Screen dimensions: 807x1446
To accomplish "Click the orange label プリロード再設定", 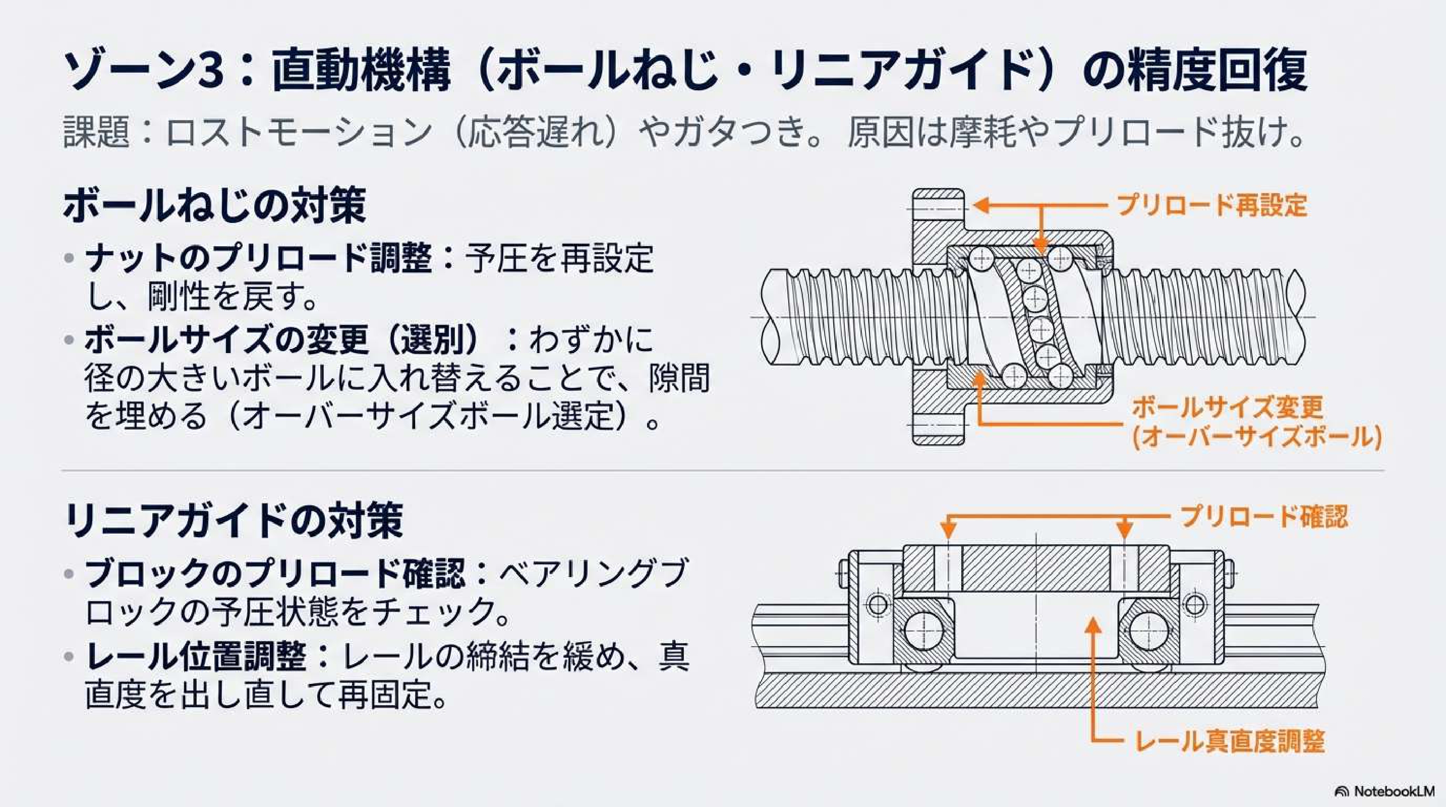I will click(x=1212, y=206).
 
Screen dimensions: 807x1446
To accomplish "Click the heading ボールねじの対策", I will click(x=214, y=206).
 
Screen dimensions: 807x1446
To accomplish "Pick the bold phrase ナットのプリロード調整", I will click(x=259, y=259).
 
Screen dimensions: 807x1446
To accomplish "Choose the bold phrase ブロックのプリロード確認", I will click(x=275, y=573).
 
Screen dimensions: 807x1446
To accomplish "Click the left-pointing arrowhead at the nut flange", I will click(x=980, y=206).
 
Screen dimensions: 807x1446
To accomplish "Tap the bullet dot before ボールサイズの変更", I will click(x=69, y=340).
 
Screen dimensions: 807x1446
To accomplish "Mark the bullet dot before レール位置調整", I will click(x=69, y=657).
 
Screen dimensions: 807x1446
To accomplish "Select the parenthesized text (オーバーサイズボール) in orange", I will click(x=1256, y=438).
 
